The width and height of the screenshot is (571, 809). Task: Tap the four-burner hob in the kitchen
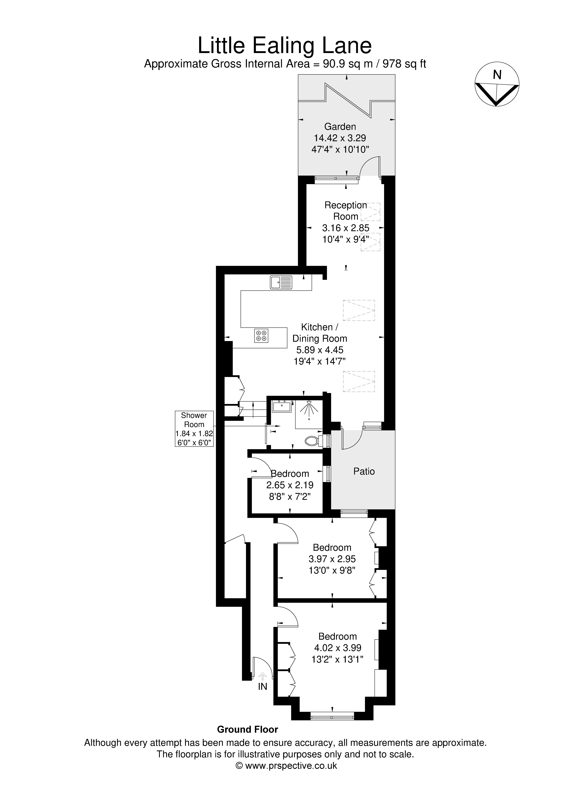(x=261, y=335)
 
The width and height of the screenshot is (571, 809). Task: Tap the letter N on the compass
(x=497, y=75)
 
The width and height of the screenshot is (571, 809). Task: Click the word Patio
(x=364, y=471)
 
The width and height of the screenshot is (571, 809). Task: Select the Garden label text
(x=340, y=126)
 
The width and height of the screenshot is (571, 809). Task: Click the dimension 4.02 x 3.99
(x=338, y=648)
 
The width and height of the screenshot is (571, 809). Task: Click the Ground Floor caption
(x=247, y=729)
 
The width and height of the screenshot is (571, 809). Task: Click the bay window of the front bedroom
(x=332, y=716)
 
